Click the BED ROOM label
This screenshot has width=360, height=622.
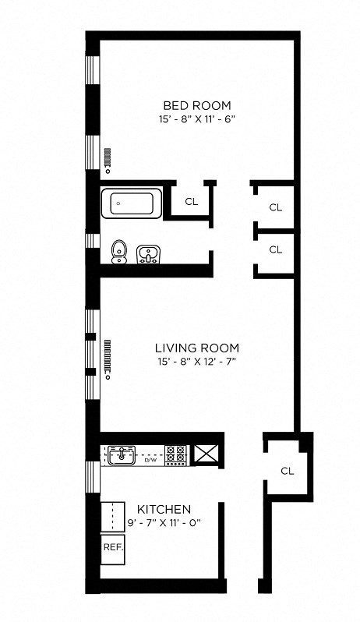(x=196, y=105)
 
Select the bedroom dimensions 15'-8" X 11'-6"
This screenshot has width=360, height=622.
(x=196, y=120)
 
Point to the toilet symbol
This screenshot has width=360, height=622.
(x=118, y=251)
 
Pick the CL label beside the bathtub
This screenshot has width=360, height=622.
(x=191, y=201)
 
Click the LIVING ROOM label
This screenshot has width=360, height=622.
(x=196, y=348)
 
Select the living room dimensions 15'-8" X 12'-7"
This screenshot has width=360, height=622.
(x=196, y=362)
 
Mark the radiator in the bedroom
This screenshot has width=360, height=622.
(x=108, y=161)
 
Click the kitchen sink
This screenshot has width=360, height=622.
(x=121, y=454)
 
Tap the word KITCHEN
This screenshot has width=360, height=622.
(x=164, y=509)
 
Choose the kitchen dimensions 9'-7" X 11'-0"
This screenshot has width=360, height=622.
(x=164, y=523)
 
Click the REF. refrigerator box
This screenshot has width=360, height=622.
(x=112, y=547)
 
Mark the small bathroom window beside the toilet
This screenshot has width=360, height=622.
(x=93, y=240)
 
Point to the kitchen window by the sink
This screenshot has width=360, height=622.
(x=93, y=475)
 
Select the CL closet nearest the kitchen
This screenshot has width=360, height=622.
(x=287, y=471)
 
